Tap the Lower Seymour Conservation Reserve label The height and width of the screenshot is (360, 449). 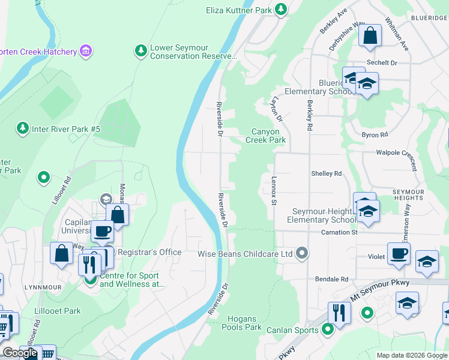point(193,52)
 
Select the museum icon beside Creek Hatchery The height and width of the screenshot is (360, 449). point(86,52)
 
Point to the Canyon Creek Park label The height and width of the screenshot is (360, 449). point(265,136)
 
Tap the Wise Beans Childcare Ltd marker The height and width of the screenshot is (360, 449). point(302,254)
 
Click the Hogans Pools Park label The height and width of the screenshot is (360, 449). point(241,323)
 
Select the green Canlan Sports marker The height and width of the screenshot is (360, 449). point(328,329)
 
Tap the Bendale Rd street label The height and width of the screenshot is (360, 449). point(332,279)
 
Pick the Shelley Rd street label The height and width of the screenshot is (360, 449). point(326,173)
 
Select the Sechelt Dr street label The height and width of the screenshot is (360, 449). point(382,62)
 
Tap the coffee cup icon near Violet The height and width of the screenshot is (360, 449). point(399,253)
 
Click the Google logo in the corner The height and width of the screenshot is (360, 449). point(20,353)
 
